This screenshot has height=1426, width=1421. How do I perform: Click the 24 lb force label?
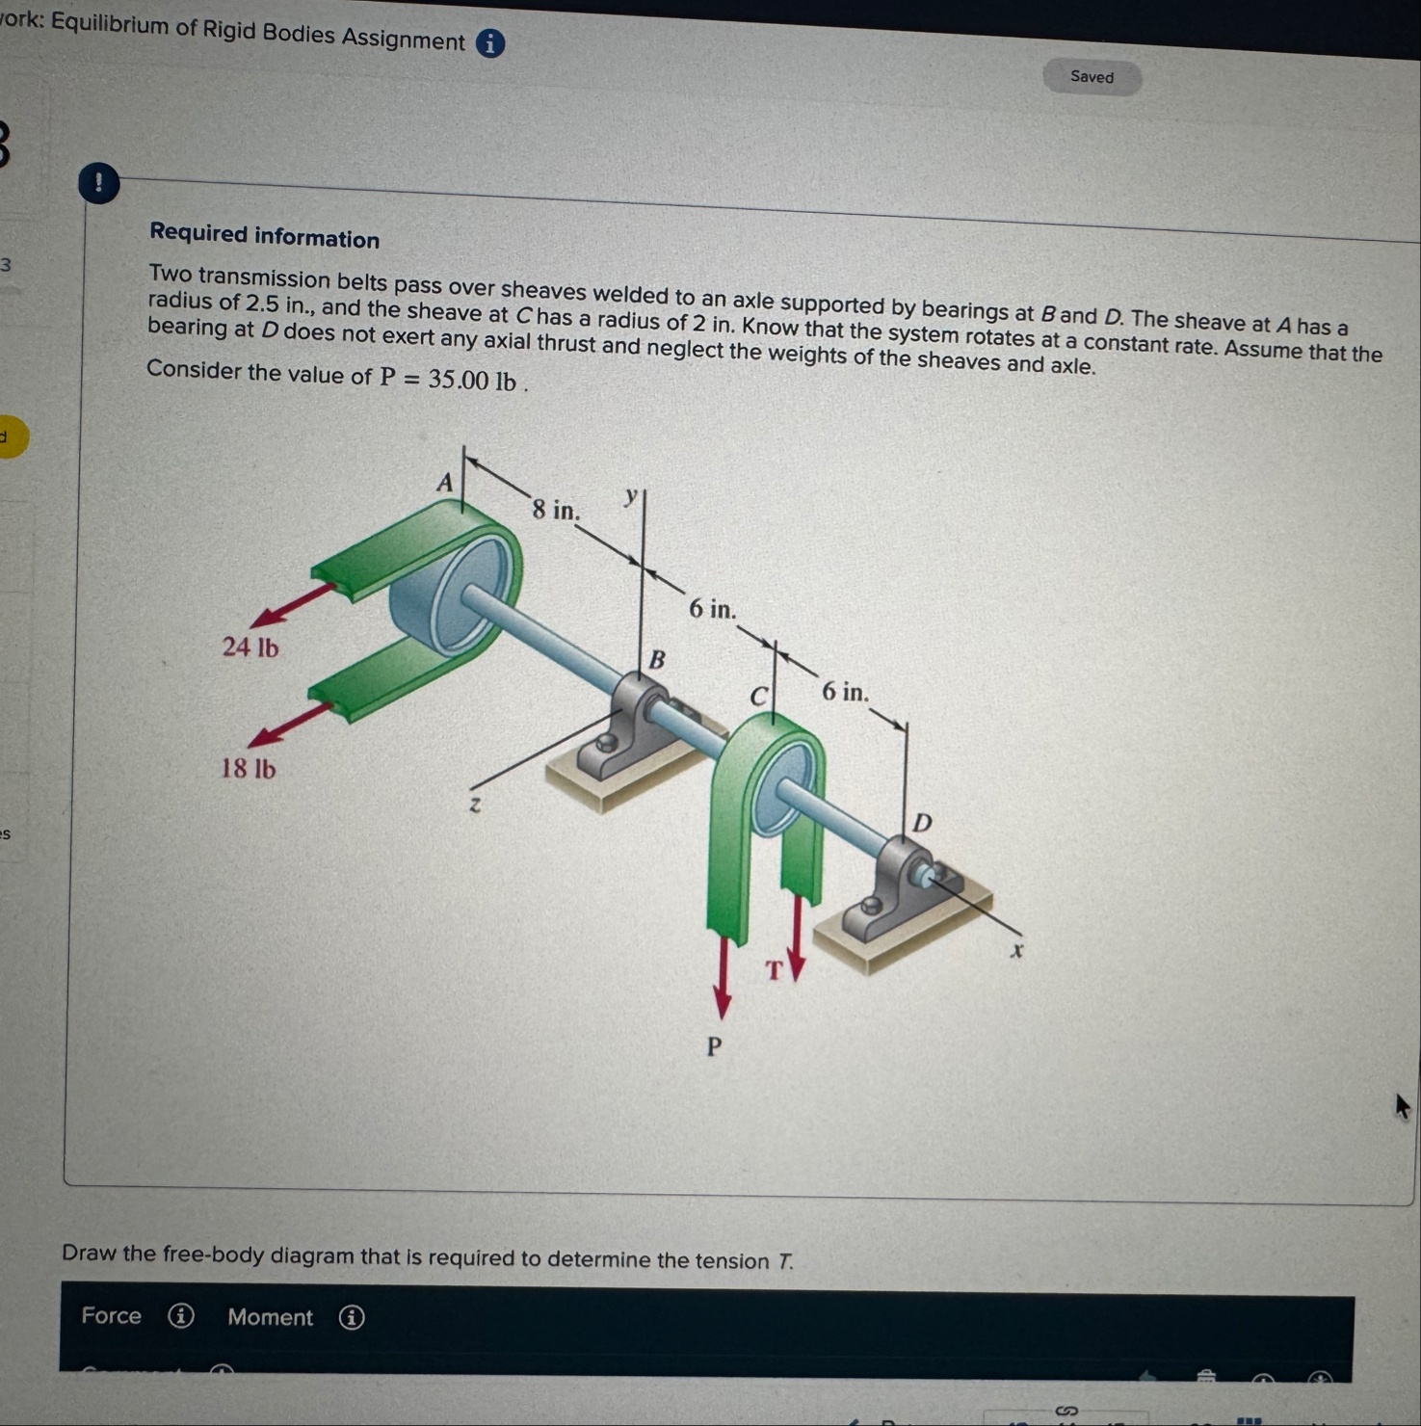tap(250, 647)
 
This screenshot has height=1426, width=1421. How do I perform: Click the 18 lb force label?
tap(249, 769)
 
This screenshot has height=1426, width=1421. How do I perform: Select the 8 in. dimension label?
tap(557, 509)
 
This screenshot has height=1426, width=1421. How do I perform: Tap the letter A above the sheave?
tap(444, 482)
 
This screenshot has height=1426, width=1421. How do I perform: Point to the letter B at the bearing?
tap(657, 660)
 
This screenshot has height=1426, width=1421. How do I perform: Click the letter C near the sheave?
tap(760, 696)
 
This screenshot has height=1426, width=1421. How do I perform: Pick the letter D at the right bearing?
tap(922, 823)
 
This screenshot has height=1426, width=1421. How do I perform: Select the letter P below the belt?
tap(714, 1046)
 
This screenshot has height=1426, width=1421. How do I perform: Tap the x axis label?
tap(1015, 951)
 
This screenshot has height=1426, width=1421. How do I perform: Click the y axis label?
tap(631, 496)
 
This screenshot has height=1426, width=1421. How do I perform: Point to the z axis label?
tap(474, 804)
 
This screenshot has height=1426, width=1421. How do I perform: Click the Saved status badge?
tap(1092, 77)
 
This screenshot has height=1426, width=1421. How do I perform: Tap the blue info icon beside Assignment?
tap(490, 43)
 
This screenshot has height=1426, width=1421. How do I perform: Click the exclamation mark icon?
tap(98, 183)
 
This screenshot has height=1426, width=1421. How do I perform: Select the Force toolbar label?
tap(111, 1315)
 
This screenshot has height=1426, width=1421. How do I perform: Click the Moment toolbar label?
tap(271, 1317)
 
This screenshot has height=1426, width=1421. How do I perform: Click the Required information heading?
tap(265, 236)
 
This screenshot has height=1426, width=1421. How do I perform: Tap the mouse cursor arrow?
tap(1402, 1106)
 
